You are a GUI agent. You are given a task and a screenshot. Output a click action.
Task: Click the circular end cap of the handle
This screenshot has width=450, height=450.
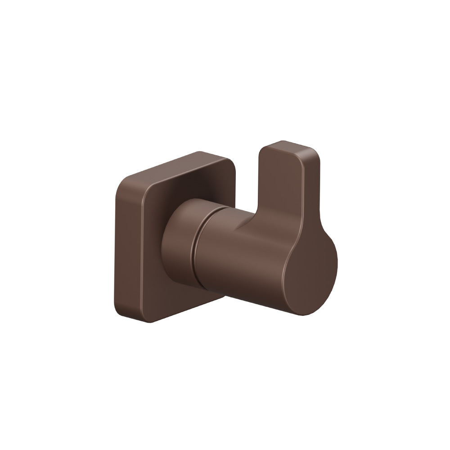[310, 274]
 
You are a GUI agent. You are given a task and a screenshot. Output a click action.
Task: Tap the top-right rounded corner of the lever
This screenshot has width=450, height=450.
[315, 155]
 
